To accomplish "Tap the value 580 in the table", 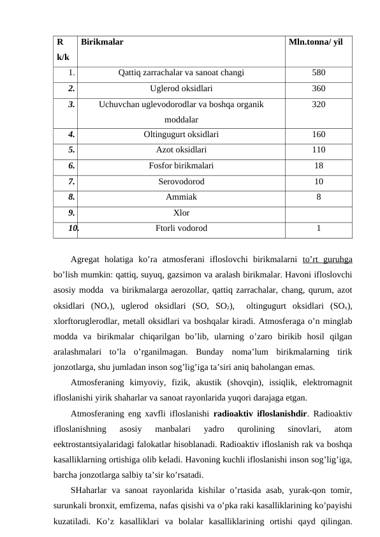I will tap(319, 73).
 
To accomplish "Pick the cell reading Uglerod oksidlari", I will tap(181, 89).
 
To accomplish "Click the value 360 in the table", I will tap(319, 89).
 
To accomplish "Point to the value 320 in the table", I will tap(319, 105).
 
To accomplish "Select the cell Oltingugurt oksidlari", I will tap(181, 135).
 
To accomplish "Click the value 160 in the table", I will tap(319, 135).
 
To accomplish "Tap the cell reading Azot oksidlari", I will tap(181, 150).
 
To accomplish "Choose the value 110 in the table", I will tap(319, 150).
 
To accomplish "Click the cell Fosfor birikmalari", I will tap(181, 165).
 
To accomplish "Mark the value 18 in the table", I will tap(319, 165).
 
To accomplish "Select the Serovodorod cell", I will tap(181, 181).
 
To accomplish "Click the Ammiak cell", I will tap(181, 196).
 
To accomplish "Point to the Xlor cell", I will tap(181, 212).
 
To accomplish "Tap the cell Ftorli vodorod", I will tap(181, 227).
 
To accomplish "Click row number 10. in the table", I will tap(74, 227).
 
